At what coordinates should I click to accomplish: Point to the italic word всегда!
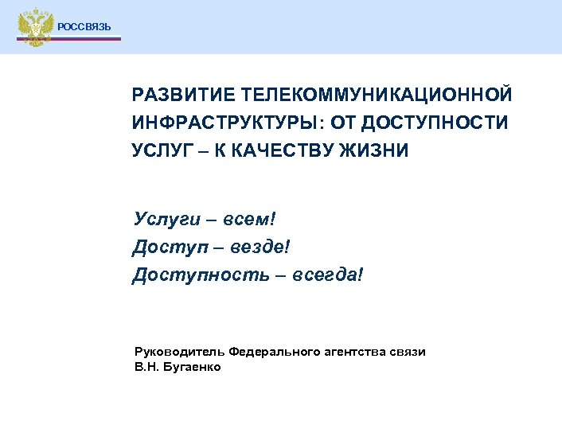coord(326,275)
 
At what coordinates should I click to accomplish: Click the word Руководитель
coord(178,352)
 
